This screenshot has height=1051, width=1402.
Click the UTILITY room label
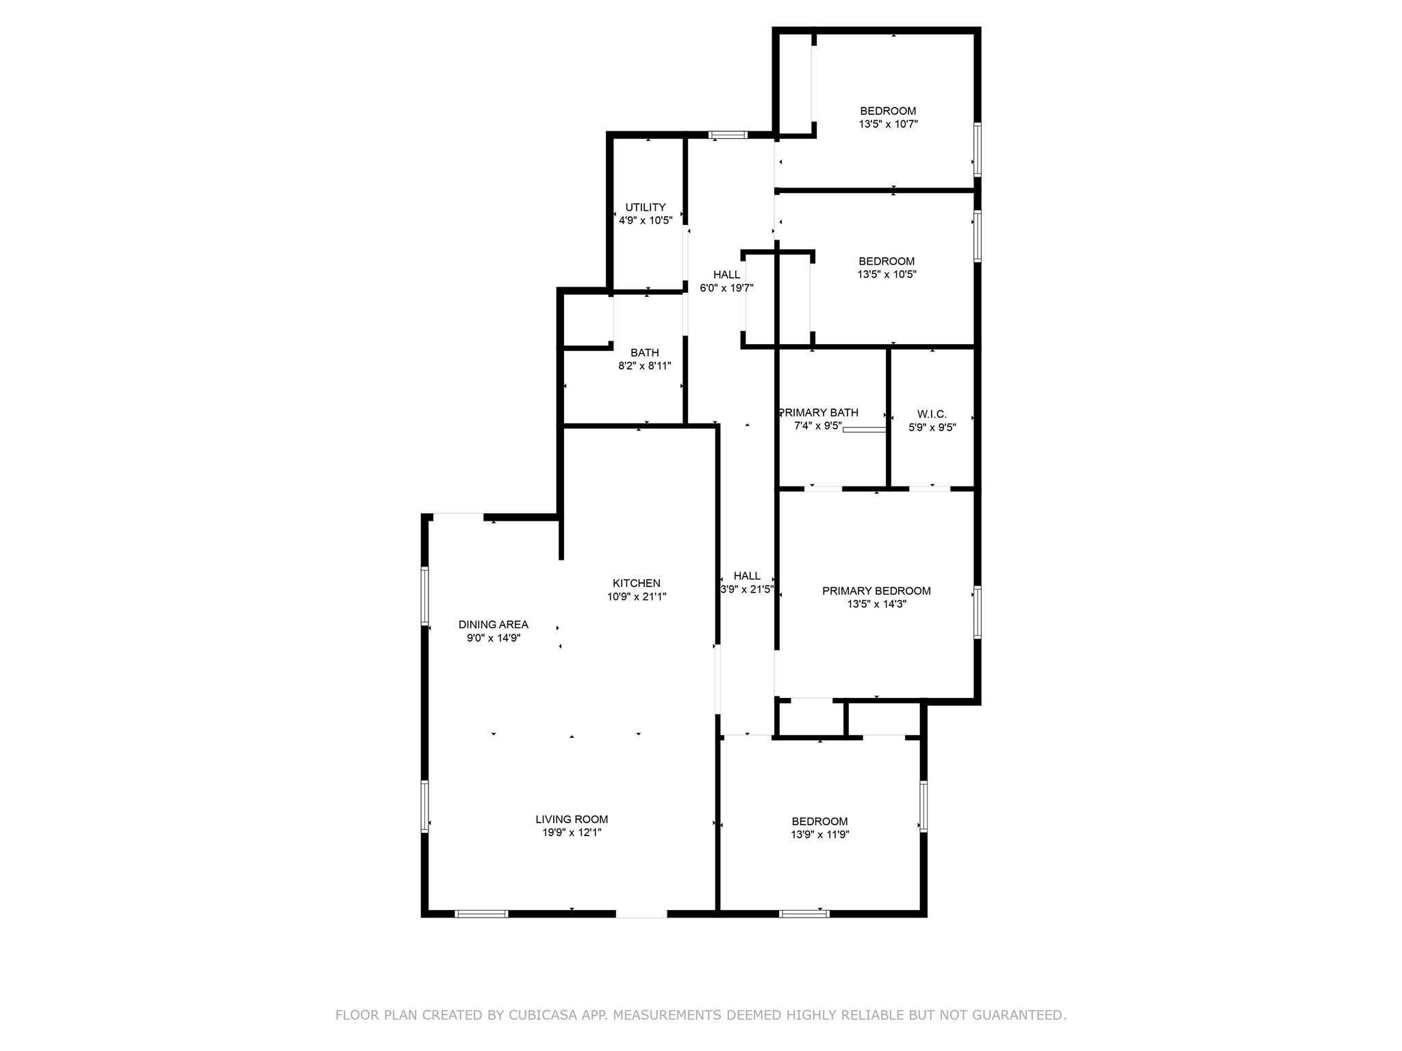coord(645,207)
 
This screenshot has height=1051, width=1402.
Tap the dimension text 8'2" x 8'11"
coord(644,366)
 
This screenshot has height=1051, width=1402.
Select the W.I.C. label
coord(932,414)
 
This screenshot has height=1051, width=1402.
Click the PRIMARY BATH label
coord(819,413)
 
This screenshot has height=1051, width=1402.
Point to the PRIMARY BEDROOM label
coord(876,591)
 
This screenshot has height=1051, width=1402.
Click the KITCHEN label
coord(636,583)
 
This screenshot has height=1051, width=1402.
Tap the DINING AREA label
coord(493,625)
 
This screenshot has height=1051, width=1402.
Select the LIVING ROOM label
coord(572,819)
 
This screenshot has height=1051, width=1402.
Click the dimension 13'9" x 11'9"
coord(819,835)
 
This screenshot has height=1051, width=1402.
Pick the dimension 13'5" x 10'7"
coord(888,125)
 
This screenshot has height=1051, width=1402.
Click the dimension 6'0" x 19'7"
coord(726,288)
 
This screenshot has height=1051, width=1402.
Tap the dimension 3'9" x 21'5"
coord(747,589)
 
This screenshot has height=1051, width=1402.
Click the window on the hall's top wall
coord(728,135)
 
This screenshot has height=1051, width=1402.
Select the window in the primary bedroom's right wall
coord(978,612)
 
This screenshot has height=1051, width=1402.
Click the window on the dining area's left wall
coord(424,595)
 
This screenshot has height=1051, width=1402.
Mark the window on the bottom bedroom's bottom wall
coord(804,913)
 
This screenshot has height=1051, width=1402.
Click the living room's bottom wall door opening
coord(641,913)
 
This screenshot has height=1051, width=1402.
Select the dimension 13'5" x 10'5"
coord(887,274)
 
